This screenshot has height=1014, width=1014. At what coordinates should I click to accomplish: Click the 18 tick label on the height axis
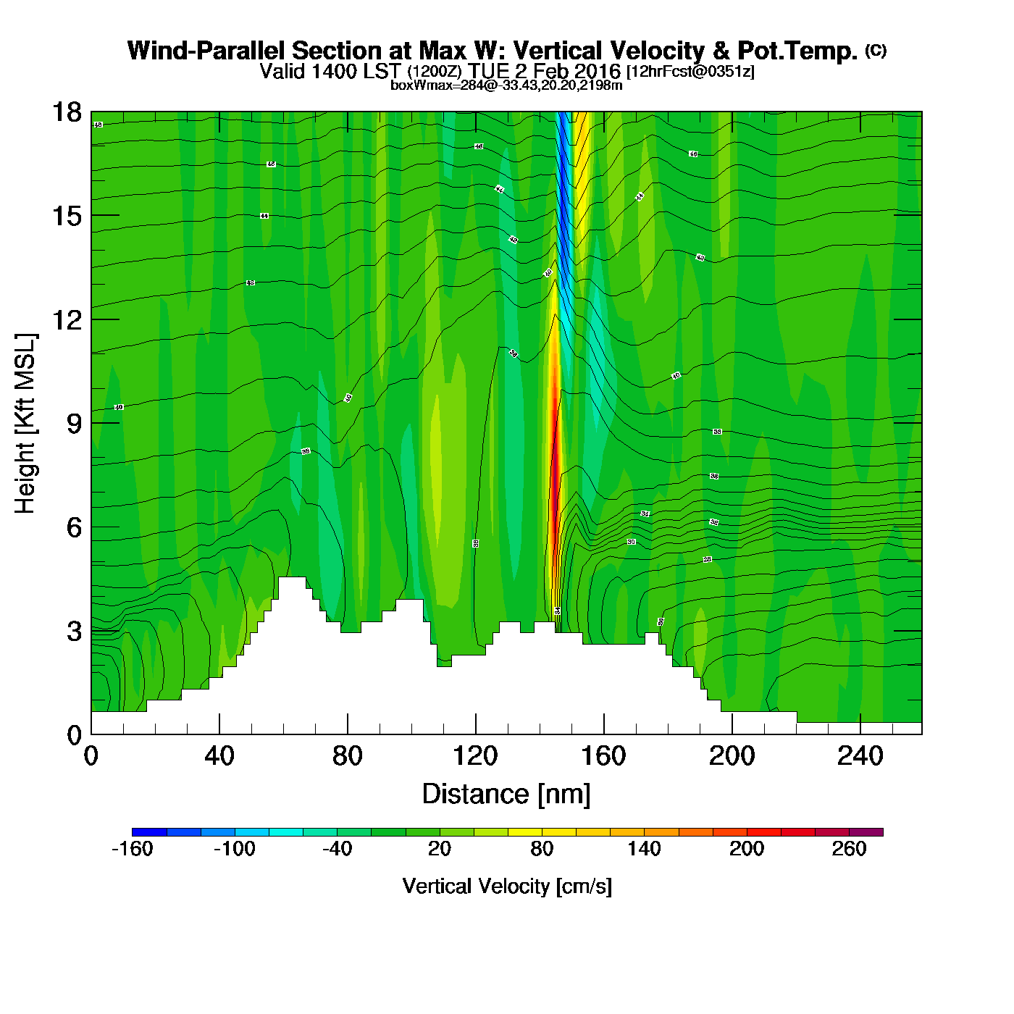(66, 112)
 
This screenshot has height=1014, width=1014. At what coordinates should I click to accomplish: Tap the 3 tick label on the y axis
(74, 631)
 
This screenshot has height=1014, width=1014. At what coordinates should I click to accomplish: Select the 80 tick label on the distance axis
(347, 756)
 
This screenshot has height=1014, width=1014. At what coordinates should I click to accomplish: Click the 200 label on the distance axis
(732, 756)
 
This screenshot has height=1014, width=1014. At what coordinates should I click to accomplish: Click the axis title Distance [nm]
(506, 794)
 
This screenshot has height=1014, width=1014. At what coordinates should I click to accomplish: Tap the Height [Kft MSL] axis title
(25, 424)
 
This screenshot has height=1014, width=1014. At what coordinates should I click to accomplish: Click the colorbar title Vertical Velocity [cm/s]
(507, 886)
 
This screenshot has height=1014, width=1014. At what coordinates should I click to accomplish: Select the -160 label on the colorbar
(132, 849)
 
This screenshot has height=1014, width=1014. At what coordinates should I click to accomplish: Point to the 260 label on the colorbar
(849, 849)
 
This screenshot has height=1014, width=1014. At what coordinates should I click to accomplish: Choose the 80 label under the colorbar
(542, 849)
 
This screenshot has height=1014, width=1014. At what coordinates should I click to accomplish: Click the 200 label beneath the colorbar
(747, 849)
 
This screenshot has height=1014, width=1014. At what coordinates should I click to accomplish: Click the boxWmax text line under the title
(506, 85)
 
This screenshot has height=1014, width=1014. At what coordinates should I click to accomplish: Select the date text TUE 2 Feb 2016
(544, 71)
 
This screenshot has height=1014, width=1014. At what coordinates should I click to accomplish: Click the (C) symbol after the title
(876, 50)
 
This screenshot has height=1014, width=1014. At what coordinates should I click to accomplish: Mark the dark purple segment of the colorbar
(866, 832)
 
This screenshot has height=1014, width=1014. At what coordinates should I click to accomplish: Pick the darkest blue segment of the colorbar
(149, 832)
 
